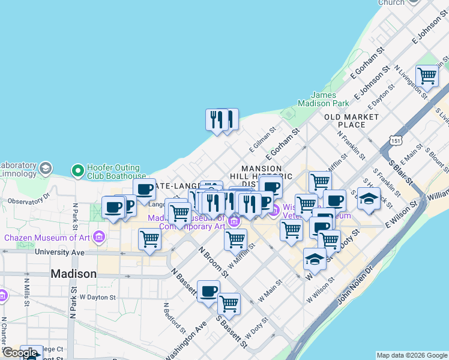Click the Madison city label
coord(73,274)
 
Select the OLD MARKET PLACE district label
coord(352,121)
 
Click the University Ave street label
coord(59,253)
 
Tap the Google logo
coord(20,353)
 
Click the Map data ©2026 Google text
coord(412,355)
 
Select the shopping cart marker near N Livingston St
coord(427,76)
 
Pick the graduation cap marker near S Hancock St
coord(369,199)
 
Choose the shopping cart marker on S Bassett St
coord(229,304)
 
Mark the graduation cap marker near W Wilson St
coord(315,259)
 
